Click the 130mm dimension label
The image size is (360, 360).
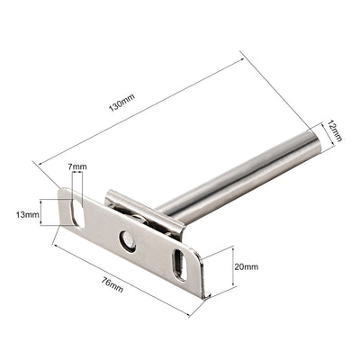point(121,103)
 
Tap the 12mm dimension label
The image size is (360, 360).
point(334,130)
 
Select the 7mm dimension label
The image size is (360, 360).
point(77,166)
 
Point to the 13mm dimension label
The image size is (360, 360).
point(28,215)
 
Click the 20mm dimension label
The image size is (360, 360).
point(247,266)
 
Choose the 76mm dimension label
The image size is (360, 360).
point(112,284)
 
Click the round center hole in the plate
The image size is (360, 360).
point(128,241)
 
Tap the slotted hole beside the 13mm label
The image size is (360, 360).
point(77,212)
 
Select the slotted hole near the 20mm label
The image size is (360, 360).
point(180,265)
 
